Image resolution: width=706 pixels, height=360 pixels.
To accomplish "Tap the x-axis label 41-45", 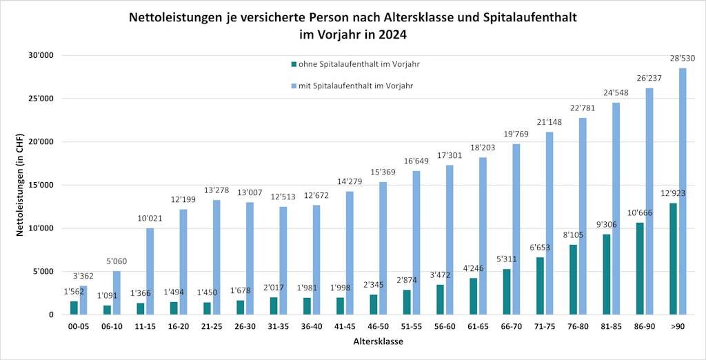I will [345, 328].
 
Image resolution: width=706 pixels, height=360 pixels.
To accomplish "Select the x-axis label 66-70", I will [511, 328].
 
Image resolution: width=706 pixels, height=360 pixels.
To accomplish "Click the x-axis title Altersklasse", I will [378, 342].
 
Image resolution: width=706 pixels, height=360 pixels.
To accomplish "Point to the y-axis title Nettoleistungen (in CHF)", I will [21, 186].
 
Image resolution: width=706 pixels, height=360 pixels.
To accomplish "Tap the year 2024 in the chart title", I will [403, 33].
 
